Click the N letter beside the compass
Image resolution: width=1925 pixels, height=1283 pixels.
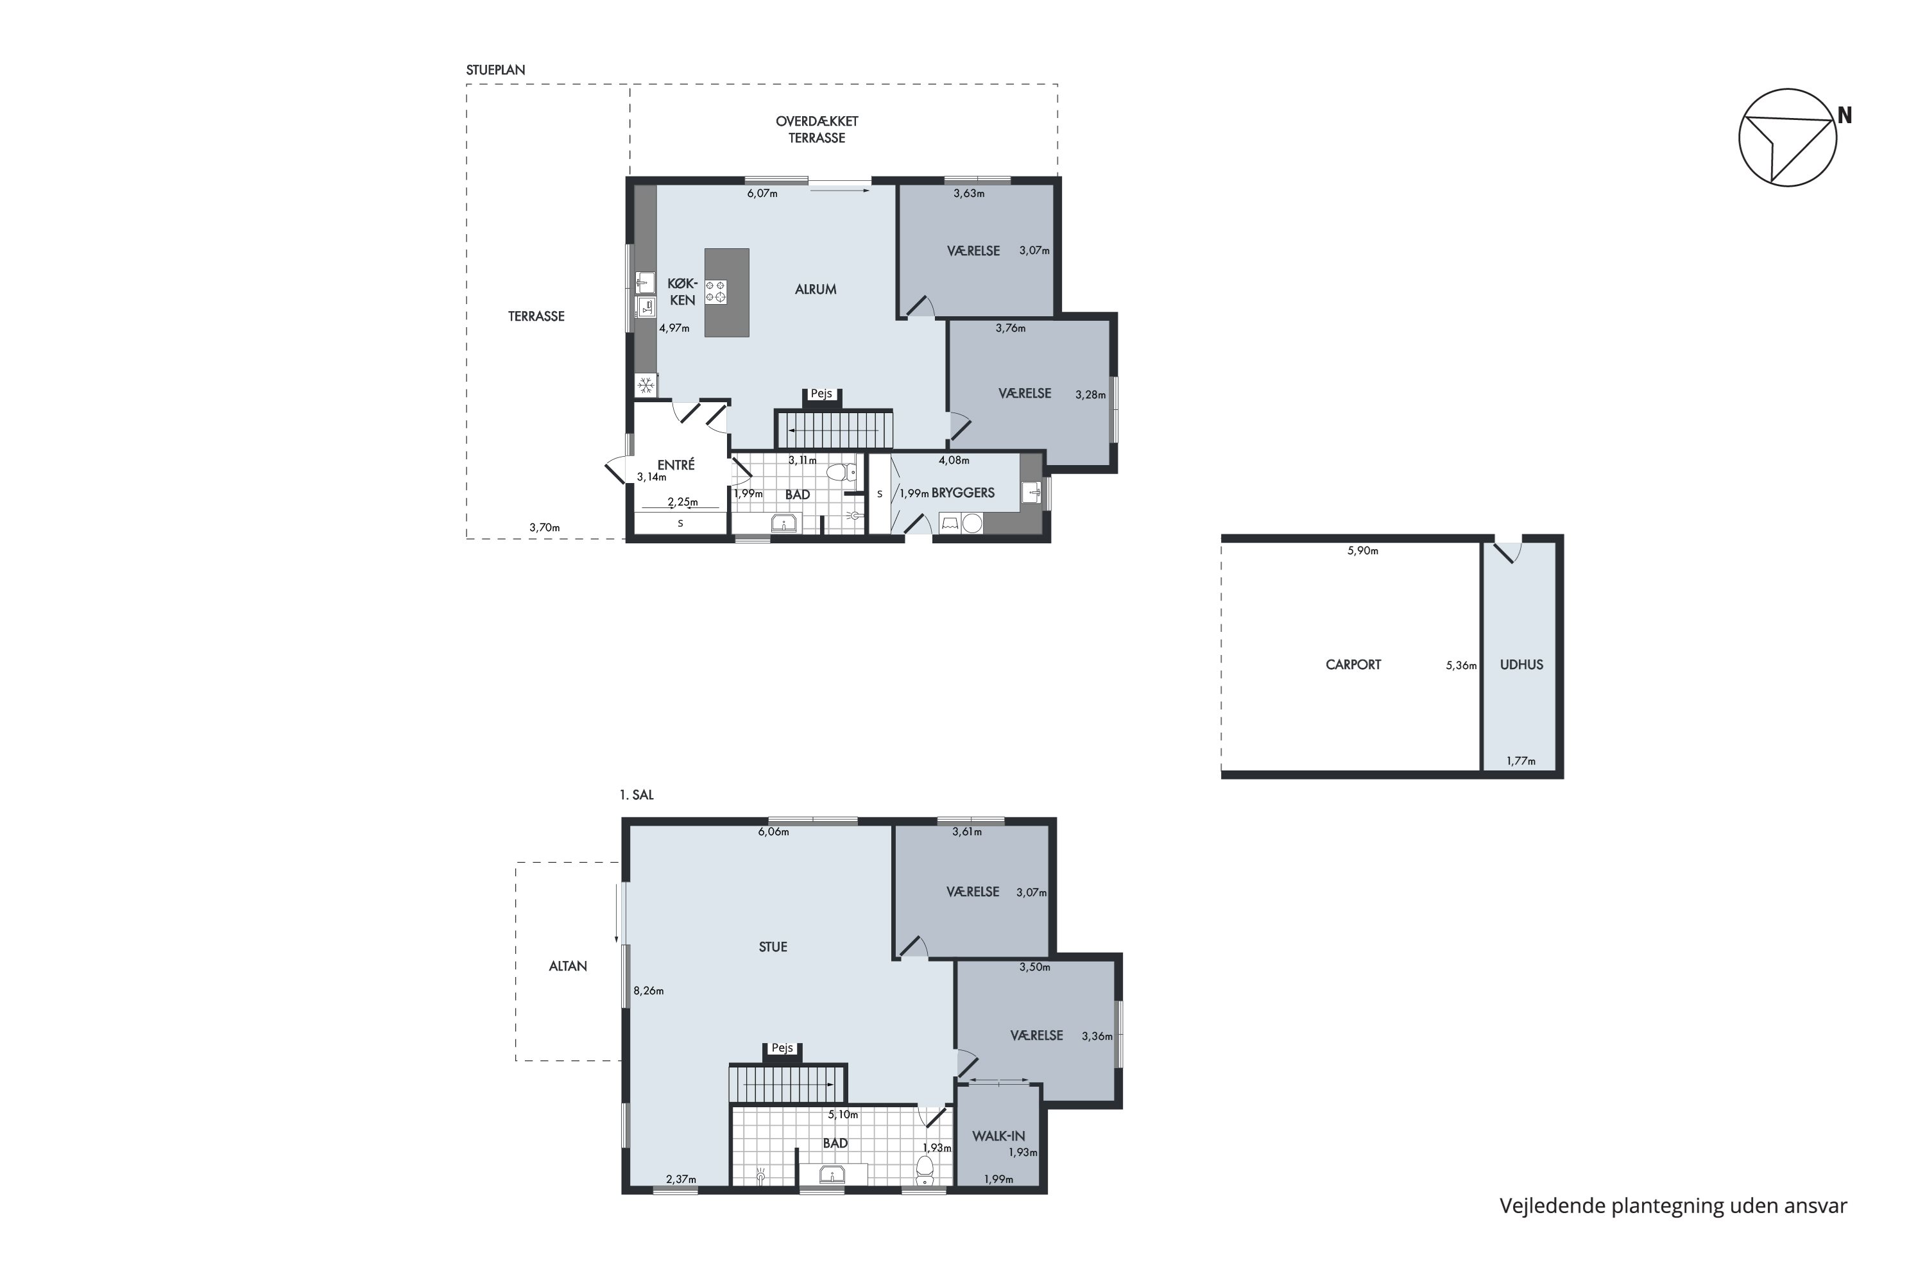1845,116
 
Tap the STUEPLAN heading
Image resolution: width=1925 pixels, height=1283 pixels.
496,71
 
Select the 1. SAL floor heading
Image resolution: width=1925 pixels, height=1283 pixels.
637,795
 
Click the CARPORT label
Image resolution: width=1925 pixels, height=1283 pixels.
1353,665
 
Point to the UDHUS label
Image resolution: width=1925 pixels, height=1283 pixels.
1521,665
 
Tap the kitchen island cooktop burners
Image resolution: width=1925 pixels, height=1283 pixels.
715,291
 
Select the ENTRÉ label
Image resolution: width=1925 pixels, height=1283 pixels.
676,464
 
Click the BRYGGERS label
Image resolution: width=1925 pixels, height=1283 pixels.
963,493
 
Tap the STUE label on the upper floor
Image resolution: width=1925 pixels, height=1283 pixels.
773,947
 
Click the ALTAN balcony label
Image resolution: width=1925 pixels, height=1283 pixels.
568,965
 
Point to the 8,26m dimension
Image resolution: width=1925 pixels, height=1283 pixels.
648,991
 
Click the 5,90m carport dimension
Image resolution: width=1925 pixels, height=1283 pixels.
1363,550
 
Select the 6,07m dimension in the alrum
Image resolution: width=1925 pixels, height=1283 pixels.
762,194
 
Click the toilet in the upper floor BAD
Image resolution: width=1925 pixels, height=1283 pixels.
925,1170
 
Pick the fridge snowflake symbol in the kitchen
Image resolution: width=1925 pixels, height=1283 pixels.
646,384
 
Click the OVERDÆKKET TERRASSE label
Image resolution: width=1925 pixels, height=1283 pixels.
817,130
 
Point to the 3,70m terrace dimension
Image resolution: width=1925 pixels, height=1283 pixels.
544,528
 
